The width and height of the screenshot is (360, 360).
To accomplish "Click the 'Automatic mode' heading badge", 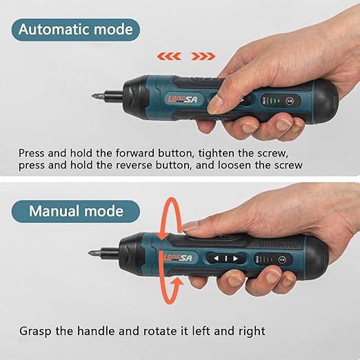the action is click(x=76, y=30).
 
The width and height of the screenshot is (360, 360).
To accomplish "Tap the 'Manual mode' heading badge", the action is click(x=76, y=211).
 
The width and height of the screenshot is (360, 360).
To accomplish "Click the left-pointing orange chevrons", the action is click(x=169, y=56).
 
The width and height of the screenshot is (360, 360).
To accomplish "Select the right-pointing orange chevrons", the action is click(x=203, y=56).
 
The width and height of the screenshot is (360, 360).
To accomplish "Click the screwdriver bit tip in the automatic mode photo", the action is click(x=92, y=96).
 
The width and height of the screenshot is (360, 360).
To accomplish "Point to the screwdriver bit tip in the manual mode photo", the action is click(x=90, y=252).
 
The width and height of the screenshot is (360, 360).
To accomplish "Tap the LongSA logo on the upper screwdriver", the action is click(x=183, y=99).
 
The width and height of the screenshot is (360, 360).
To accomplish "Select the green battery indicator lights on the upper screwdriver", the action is click(x=274, y=101).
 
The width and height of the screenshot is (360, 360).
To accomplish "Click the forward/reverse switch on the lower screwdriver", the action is click(x=226, y=259).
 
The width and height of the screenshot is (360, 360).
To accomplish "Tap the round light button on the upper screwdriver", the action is click(x=290, y=101).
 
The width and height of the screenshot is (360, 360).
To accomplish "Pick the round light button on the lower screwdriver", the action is click(x=282, y=260).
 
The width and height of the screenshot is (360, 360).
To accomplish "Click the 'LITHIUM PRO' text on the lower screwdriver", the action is click(x=279, y=245).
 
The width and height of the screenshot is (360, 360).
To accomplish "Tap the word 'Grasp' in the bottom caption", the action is click(x=35, y=331).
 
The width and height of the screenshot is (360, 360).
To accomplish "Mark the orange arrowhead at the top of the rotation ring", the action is click(x=163, y=236).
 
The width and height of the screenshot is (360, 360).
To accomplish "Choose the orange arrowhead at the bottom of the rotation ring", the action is click(x=177, y=282).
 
